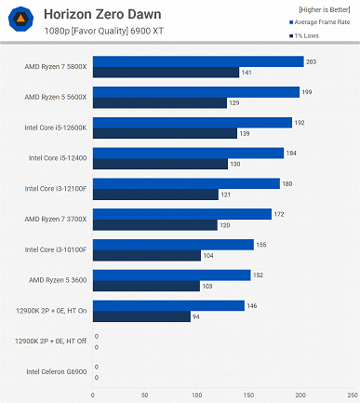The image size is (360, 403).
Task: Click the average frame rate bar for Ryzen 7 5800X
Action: coord(198,61)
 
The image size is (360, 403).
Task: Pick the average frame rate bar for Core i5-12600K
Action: coord(193,122)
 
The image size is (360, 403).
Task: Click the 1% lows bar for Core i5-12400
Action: coord(160,164)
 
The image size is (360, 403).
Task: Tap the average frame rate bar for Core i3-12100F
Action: coord(186,183)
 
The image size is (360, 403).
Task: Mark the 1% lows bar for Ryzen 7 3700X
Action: coord(154,224)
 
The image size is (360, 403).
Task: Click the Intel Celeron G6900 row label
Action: coord(58,372)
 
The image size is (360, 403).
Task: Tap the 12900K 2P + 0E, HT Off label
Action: coord(51,342)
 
